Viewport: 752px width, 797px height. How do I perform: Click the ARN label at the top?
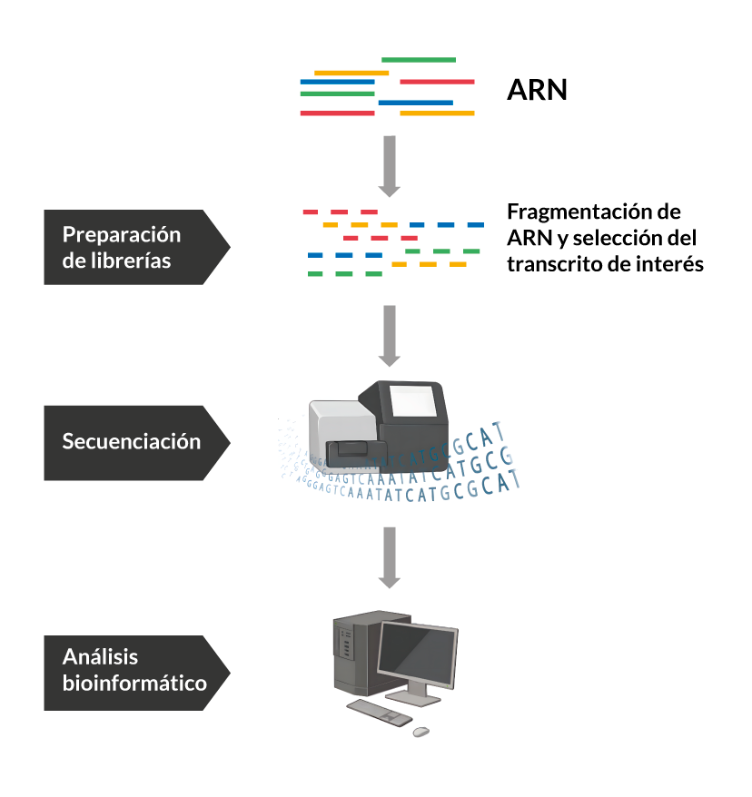537,91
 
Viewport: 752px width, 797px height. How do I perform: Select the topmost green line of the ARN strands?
418,60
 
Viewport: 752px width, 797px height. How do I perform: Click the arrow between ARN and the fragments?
389,166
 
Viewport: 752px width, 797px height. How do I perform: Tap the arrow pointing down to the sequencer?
389,335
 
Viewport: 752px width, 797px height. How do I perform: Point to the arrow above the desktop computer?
389,556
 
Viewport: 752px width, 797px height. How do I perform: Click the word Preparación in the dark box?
122,235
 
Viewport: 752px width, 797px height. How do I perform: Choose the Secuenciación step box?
132,442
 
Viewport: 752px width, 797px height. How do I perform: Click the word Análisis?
100,657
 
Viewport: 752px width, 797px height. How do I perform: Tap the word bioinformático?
134,683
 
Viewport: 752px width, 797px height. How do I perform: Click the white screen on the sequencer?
413,400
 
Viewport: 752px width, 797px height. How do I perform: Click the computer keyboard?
379,713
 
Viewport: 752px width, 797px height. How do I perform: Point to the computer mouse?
421,731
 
